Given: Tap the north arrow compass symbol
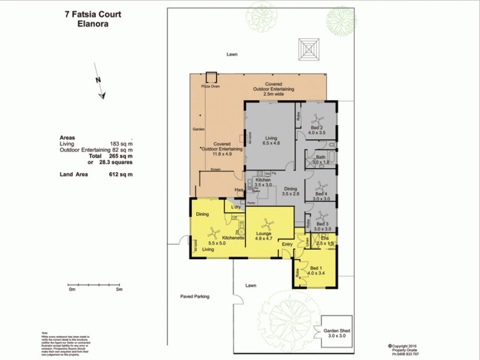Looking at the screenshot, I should tap(100, 87).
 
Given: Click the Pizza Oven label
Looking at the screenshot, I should tap(210, 86).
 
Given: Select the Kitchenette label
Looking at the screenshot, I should tap(233, 237).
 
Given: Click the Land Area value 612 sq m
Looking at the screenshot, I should tap(121, 174).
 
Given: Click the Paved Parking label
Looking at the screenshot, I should tap(194, 296).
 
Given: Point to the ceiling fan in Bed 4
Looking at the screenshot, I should tap(321, 186).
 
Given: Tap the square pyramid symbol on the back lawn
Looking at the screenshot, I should tap(310, 49).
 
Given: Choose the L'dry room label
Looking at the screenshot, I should tap(236, 206).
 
